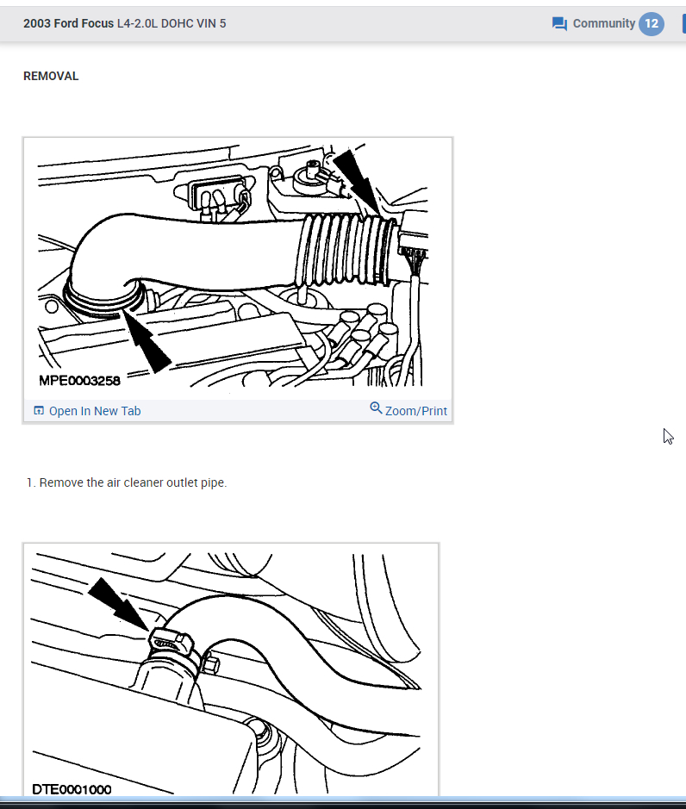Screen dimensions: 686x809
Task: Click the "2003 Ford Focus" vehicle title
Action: [68, 24]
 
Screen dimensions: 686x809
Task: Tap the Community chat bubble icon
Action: [559, 24]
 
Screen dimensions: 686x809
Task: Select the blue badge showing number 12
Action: [652, 24]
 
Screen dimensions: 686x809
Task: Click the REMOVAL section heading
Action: [51, 77]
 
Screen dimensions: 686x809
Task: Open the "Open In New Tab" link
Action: [95, 411]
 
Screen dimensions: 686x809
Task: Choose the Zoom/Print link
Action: [416, 411]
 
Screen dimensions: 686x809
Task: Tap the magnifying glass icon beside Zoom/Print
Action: [377, 408]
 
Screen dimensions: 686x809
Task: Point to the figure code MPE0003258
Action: [79, 381]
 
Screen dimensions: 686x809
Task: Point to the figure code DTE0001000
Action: [72, 789]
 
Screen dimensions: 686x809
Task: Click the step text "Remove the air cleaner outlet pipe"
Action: [133, 483]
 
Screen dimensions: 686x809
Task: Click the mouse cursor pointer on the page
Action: [668, 437]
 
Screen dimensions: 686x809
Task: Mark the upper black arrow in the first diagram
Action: [359, 182]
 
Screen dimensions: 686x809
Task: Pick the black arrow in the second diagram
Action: [119, 605]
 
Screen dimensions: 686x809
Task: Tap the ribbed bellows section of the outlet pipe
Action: [346, 251]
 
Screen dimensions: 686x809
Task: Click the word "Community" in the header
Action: [603, 24]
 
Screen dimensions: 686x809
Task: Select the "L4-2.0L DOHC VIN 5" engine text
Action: [171, 24]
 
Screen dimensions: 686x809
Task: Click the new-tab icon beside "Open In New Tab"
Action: [39, 411]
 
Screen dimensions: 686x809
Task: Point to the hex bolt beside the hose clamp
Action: [210, 664]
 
